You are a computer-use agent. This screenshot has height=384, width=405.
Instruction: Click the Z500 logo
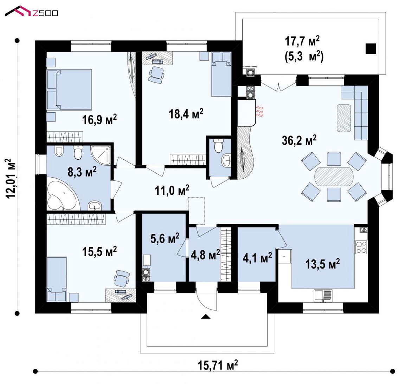click(x=32, y=11)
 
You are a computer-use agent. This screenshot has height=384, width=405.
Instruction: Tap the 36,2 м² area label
click(x=299, y=140)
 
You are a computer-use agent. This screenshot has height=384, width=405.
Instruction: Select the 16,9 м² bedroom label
click(x=99, y=119)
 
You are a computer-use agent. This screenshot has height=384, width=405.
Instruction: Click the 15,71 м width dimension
click(x=218, y=365)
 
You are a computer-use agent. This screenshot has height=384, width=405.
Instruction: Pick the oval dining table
click(x=333, y=177)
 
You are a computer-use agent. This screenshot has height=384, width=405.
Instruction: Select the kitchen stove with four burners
click(x=361, y=247)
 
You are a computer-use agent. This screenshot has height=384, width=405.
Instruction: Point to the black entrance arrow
click(x=206, y=317)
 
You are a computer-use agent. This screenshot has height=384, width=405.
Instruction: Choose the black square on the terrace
click(x=371, y=48)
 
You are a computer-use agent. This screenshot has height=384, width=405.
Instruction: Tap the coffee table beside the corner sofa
click(x=343, y=118)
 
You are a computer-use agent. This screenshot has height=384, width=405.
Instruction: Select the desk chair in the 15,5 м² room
click(x=122, y=278)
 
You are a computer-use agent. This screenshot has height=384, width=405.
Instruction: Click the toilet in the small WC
click(x=219, y=146)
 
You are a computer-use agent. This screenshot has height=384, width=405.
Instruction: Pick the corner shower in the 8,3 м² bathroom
click(x=102, y=155)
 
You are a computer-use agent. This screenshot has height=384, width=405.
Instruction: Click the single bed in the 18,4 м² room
click(x=221, y=74)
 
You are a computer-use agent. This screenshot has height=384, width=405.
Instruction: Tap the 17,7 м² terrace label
click(x=302, y=41)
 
